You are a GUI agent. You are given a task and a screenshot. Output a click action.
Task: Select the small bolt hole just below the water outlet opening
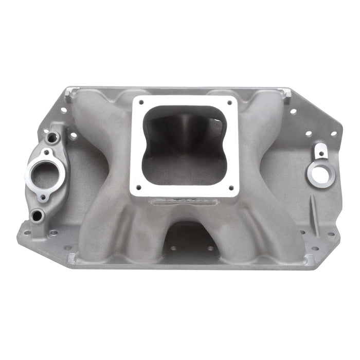pyautogui.click(x=43, y=196)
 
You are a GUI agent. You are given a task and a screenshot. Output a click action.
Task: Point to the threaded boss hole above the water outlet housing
pyautogui.click(x=51, y=138)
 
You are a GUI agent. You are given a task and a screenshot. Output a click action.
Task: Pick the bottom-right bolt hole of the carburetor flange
pyautogui.click(x=231, y=187)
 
